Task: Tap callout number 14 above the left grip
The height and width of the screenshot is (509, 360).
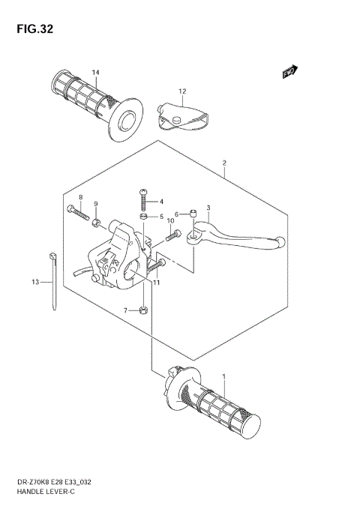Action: (96, 72)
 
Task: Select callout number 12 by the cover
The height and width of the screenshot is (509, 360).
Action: (181, 91)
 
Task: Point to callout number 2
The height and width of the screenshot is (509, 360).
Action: (223, 162)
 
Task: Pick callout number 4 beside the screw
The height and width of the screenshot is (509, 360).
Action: (160, 201)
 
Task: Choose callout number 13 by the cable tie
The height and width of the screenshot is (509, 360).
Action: (34, 283)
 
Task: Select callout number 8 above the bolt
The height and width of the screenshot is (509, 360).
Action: (80, 197)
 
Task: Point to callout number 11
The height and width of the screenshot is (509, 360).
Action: (157, 283)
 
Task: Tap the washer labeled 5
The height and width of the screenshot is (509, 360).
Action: (143, 217)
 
